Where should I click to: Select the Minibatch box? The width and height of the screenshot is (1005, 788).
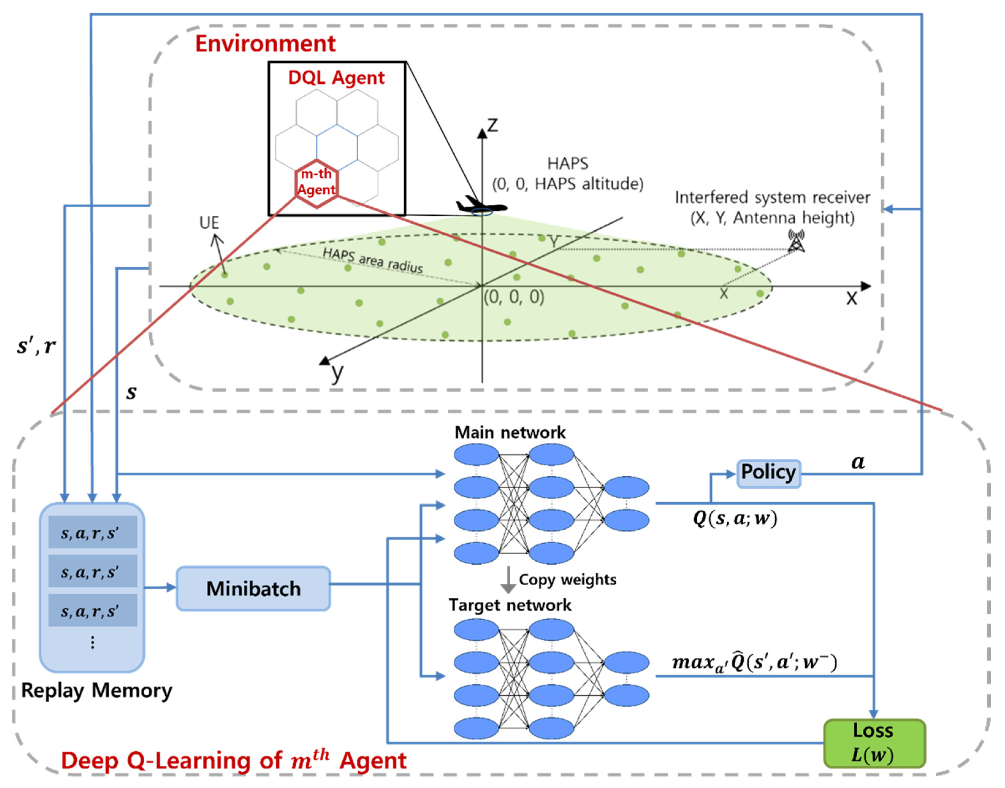click(253, 589)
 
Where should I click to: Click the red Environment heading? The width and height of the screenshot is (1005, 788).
click(265, 44)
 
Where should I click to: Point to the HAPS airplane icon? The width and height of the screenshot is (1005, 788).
click(481, 206)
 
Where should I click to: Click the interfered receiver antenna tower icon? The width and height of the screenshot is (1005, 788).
click(796, 241)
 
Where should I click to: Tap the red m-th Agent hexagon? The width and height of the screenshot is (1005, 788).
click(317, 183)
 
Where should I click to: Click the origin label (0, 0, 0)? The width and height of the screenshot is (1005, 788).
click(514, 297)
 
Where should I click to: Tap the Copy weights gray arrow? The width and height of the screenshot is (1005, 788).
click(508, 579)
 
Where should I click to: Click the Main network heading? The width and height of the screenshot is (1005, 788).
click(510, 432)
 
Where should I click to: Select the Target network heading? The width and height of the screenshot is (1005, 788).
click(510, 605)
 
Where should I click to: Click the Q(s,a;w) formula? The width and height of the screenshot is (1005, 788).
click(735, 519)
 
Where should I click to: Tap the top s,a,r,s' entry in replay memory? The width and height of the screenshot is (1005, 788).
click(92, 533)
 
